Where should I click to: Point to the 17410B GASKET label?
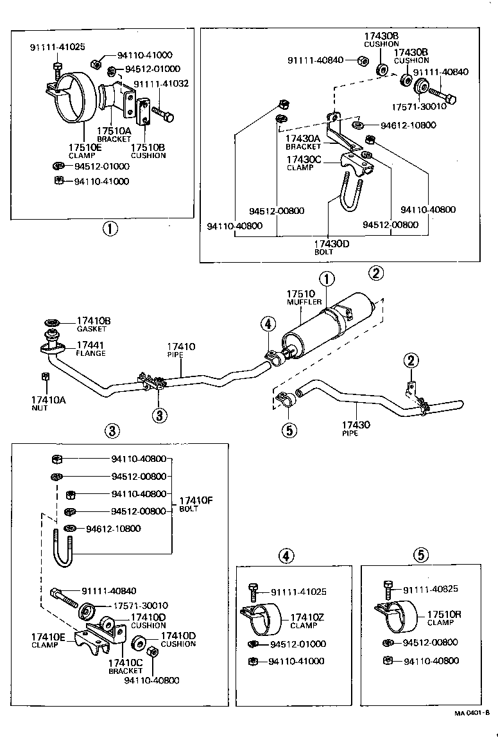94,324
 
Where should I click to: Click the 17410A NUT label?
44,403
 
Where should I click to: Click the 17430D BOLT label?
331,247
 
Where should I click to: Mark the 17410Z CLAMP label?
307,621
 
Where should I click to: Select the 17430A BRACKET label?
303,141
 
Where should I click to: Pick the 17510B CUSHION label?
148,150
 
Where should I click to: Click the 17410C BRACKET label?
125,666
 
